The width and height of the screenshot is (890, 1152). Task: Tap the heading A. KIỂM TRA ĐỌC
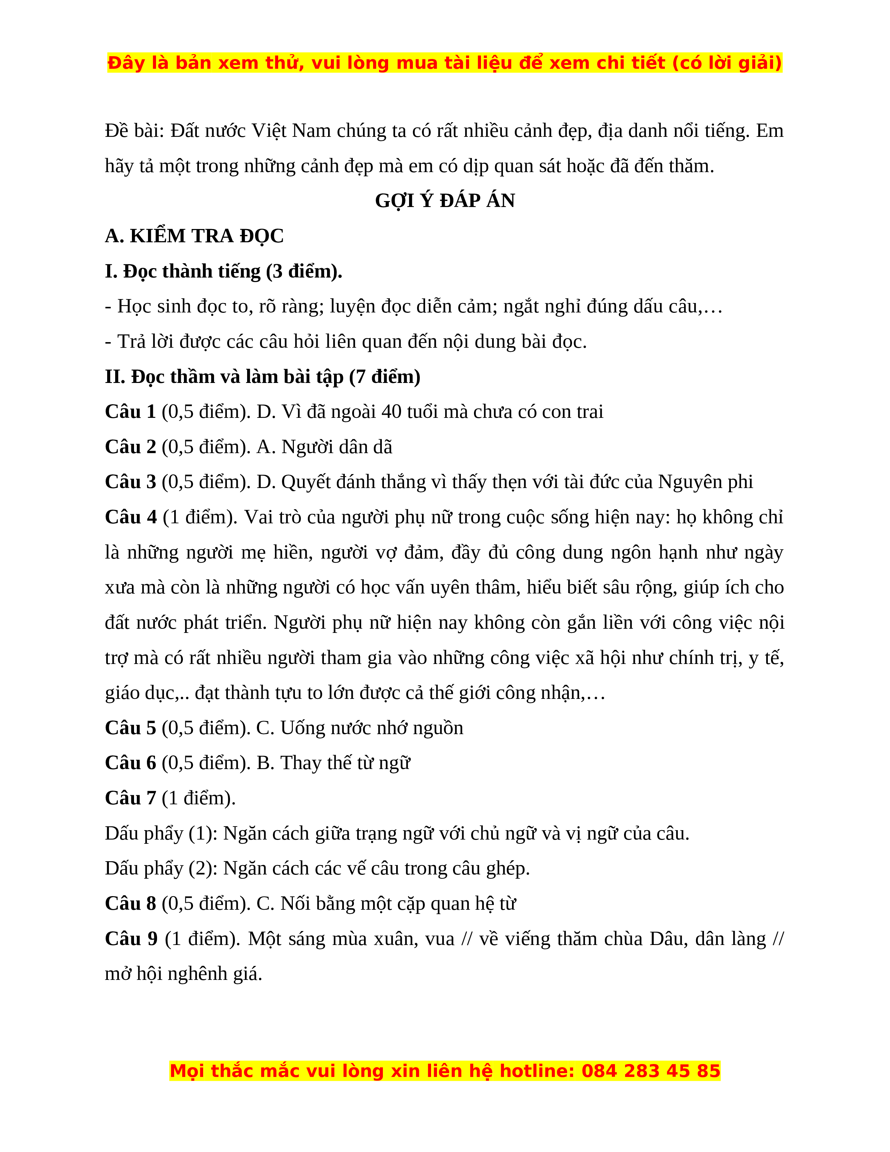coord(194,236)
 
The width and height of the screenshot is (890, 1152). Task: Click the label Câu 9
coord(131,938)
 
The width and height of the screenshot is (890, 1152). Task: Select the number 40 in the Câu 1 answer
coord(391,412)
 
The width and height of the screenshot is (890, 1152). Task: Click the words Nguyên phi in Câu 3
coord(705,482)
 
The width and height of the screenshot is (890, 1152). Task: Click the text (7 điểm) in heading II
coord(385,377)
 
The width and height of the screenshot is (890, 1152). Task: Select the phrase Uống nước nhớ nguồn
coord(372,728)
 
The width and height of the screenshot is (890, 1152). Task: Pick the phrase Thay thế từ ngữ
coord(345,763)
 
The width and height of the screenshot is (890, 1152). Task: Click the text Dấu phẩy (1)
coord(161,833)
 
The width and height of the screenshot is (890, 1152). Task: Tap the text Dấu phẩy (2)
coord(161,868)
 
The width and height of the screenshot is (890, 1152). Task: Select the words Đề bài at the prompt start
coord(134,131)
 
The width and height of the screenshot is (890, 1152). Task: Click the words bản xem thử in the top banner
coord(239,63)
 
